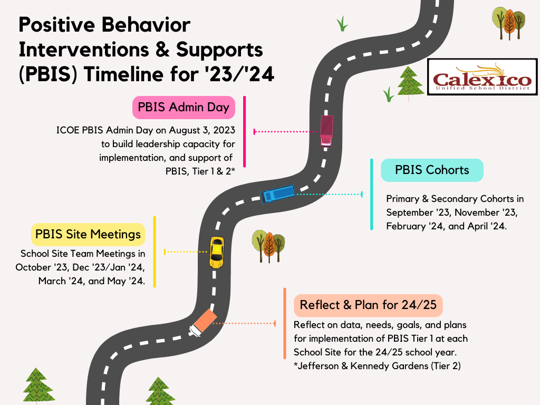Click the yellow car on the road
tap(217, 253)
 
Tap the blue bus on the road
tap(277, 194)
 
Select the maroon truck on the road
tap(326, 131)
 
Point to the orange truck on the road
tap(203, 323)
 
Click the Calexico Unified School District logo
tap(482, 77)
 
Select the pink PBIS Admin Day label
tap(184, 108)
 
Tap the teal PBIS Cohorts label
tap(432, 170)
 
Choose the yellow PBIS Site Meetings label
tap(88, 235)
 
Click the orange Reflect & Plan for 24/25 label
tap(368, 305)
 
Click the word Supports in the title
tap(219, 50)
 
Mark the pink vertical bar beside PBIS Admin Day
tap(245, 131)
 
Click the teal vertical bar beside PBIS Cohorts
tap(372, 194)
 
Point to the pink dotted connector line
tap(286, 131)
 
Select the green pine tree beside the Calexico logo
tap(409, 83)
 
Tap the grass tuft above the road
tap(342, 24)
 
